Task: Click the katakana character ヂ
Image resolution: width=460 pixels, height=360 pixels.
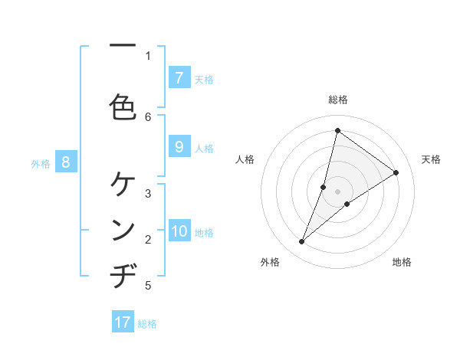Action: click(123, 276)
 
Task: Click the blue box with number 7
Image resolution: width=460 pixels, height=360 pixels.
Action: click(179, 77)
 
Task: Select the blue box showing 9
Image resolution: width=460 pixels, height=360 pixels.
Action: click(179, 147)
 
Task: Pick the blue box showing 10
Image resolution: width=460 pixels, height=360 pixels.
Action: click(179, 231)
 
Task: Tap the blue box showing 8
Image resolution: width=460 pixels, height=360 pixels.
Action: click(66, 162)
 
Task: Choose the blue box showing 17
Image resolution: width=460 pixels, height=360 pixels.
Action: click(123, 322)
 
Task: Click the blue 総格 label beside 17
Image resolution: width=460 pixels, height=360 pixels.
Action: click(148, 324)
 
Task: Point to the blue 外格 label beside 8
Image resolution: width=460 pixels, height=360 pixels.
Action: click(41, 163)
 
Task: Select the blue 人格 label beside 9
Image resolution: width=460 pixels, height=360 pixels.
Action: click(204, 149)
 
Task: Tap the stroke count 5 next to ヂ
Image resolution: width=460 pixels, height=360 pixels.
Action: click(148, 286)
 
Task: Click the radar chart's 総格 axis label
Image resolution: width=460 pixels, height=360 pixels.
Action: click(337, 100)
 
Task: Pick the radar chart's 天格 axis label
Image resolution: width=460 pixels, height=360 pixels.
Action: click(431, 159)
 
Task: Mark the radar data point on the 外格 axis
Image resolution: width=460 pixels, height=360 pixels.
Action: click(302, 242)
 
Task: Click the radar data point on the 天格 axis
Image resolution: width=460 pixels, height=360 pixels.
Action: click(396, 172)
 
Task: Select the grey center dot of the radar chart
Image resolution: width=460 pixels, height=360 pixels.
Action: click(337, 191)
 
